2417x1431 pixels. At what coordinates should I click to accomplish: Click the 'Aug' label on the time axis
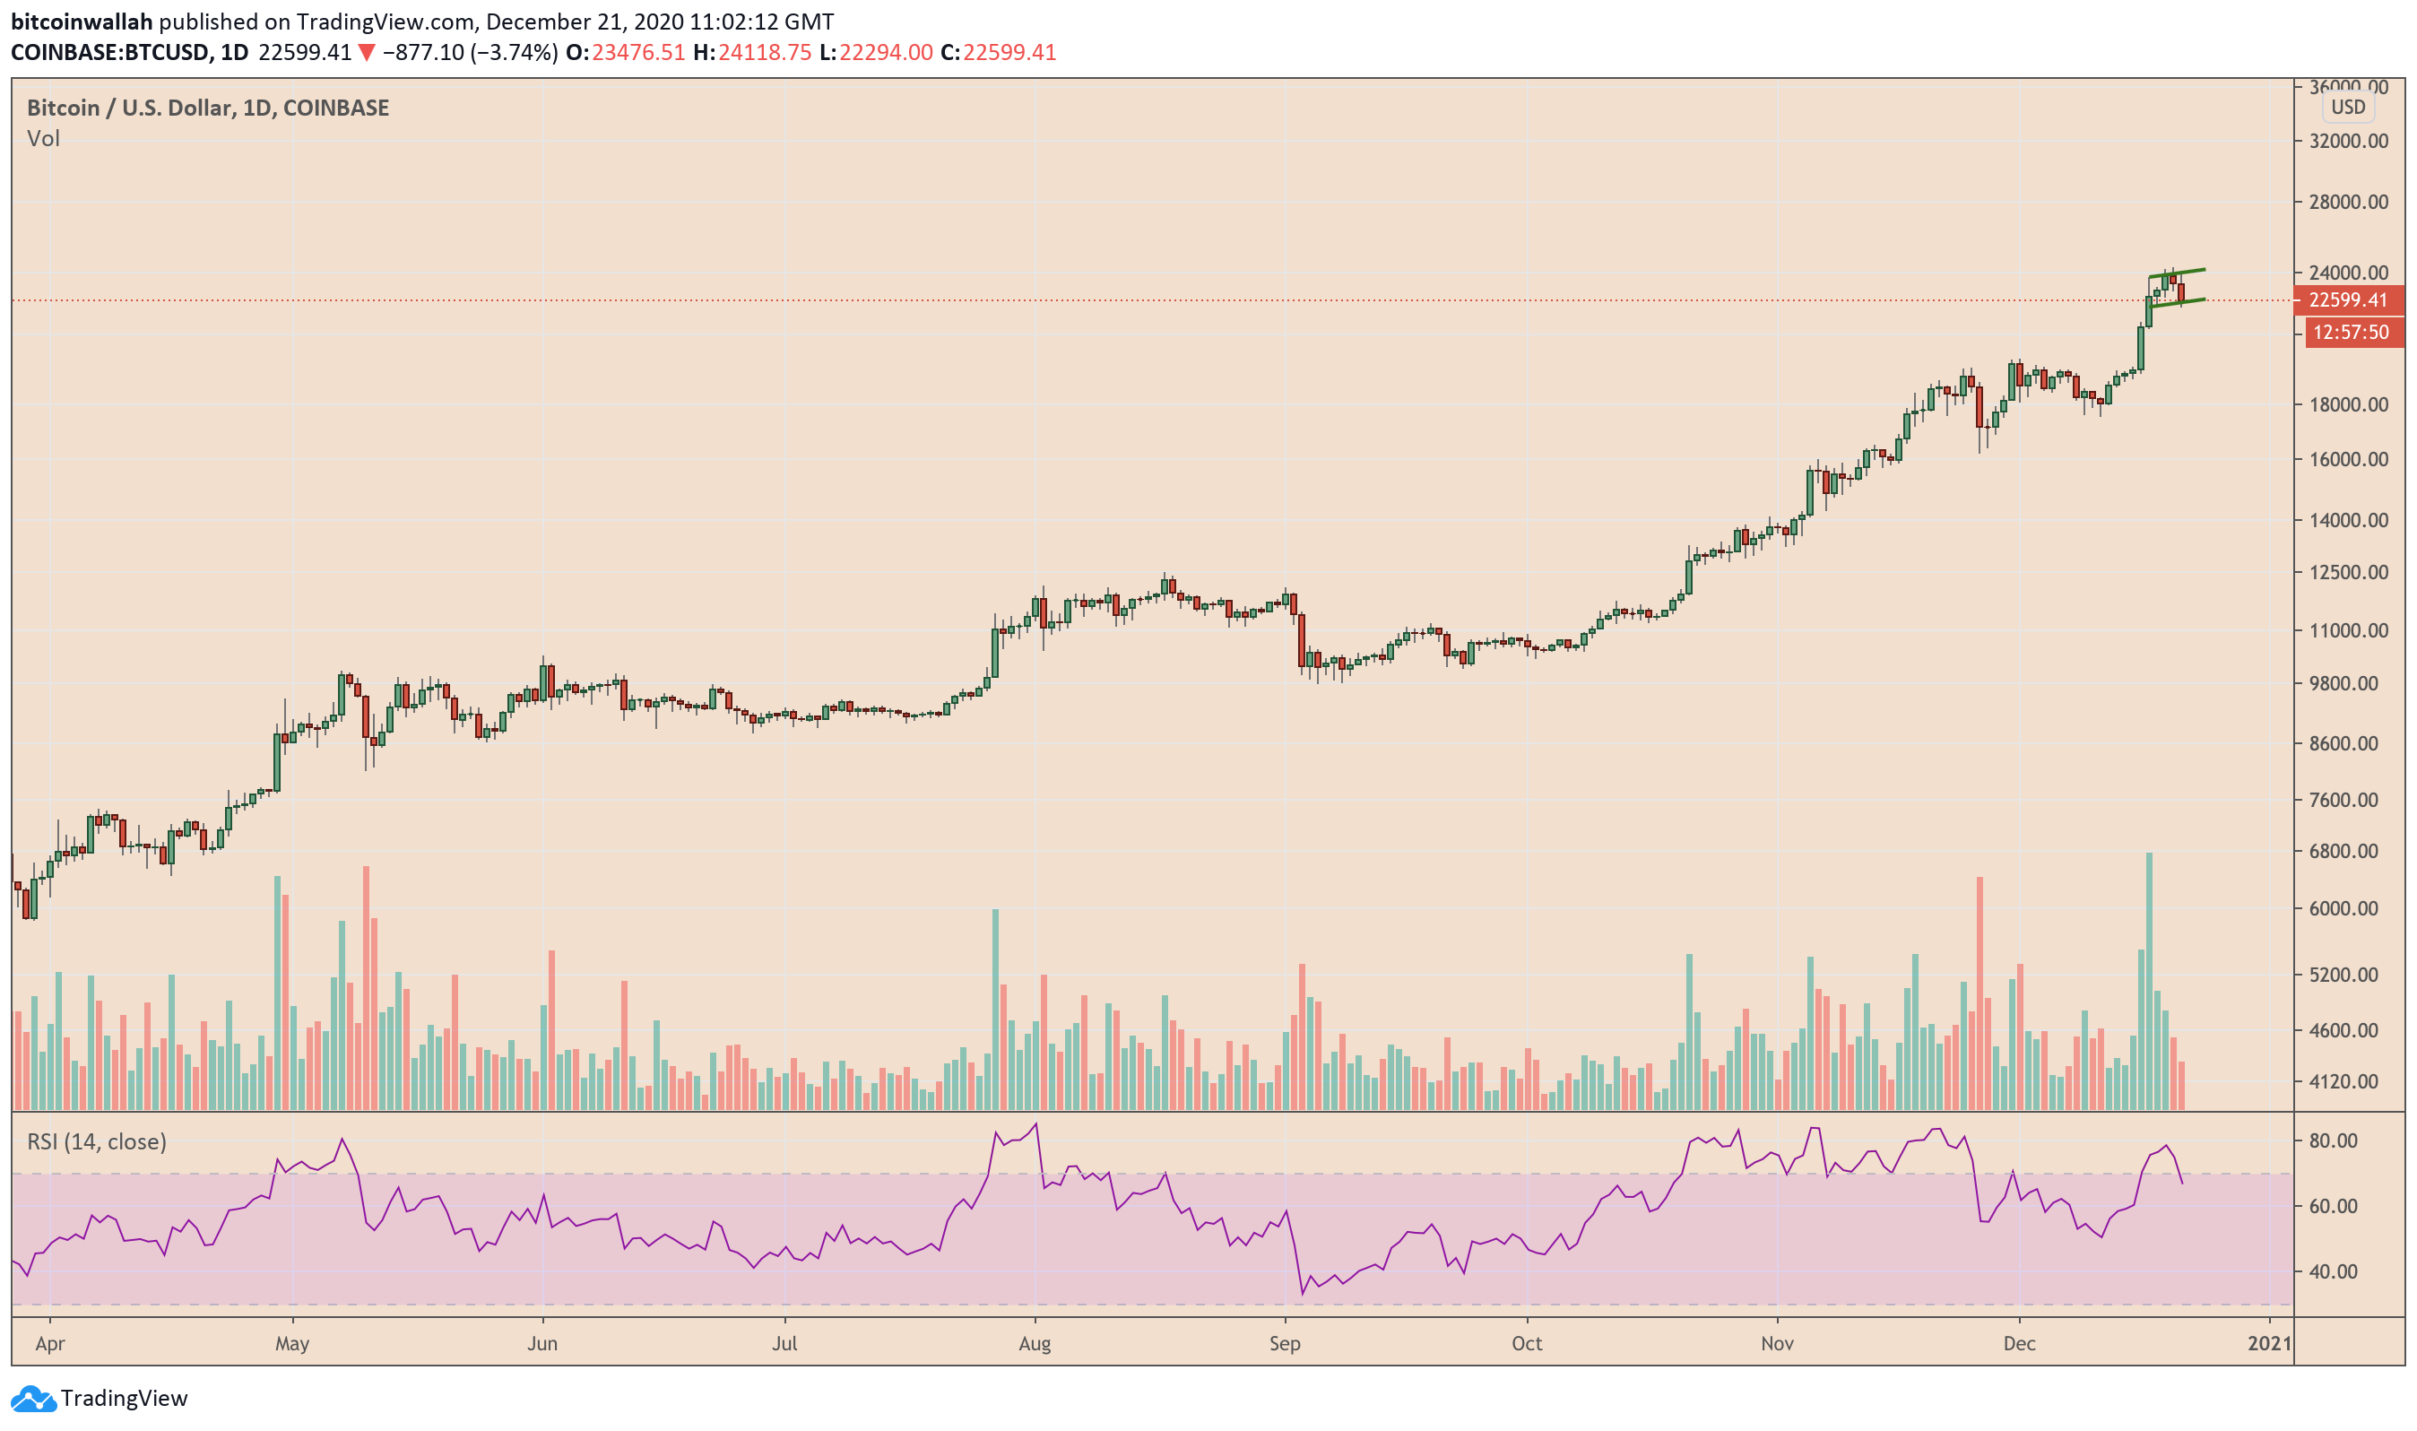pos(1034,1343)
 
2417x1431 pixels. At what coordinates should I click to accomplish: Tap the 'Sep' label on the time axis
pos(1284,1343)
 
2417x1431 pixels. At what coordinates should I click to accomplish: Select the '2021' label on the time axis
pos(2268,1343)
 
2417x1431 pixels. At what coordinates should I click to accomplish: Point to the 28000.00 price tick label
pos(2349,202)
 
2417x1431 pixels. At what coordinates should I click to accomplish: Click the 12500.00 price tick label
pos(2349,572)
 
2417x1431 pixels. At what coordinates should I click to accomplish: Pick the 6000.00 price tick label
pos(2349,908)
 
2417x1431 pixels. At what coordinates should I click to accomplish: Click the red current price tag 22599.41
pos(2348,299)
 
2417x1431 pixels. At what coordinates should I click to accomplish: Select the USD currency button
pos(2348,107)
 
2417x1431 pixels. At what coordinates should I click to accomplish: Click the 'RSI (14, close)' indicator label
pos(97,1141)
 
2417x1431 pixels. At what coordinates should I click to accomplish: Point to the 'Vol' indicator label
pos(43,139)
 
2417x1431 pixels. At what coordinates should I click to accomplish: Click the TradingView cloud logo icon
pos(34,1398)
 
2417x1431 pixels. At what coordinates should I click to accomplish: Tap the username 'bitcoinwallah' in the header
pos(82,22)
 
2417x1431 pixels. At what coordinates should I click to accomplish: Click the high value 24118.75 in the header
pos(765,52)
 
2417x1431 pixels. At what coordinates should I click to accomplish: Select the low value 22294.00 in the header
pos(885,52)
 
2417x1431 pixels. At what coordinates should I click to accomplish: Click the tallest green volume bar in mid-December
pos(2149,979)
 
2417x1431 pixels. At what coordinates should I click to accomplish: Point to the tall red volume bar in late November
pos(1980,993)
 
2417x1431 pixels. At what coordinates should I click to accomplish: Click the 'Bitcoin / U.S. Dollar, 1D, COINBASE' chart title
pos(208,108)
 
